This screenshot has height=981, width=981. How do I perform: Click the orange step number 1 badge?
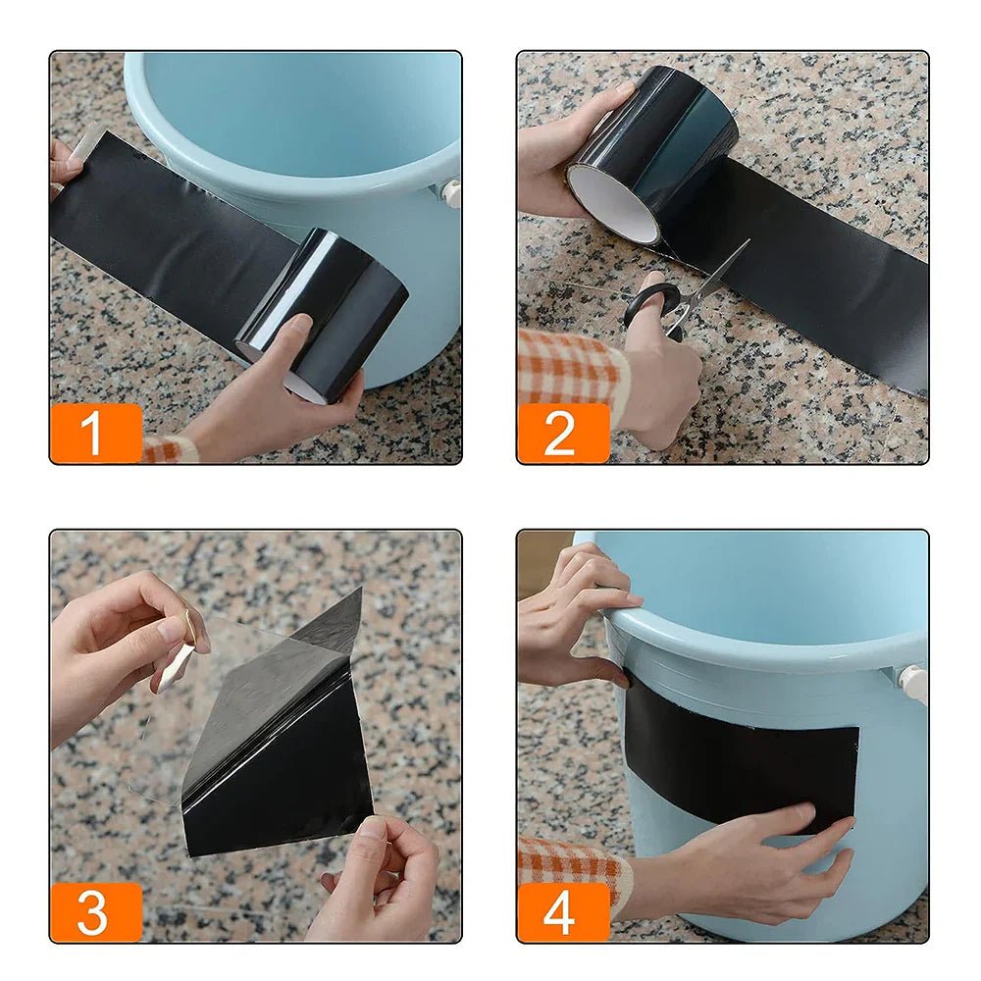pos(95,433)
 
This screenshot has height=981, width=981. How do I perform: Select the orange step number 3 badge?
pos(95,912)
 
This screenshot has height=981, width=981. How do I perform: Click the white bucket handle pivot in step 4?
pos(914,684)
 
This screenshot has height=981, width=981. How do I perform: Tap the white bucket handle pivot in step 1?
pos(451,192)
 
